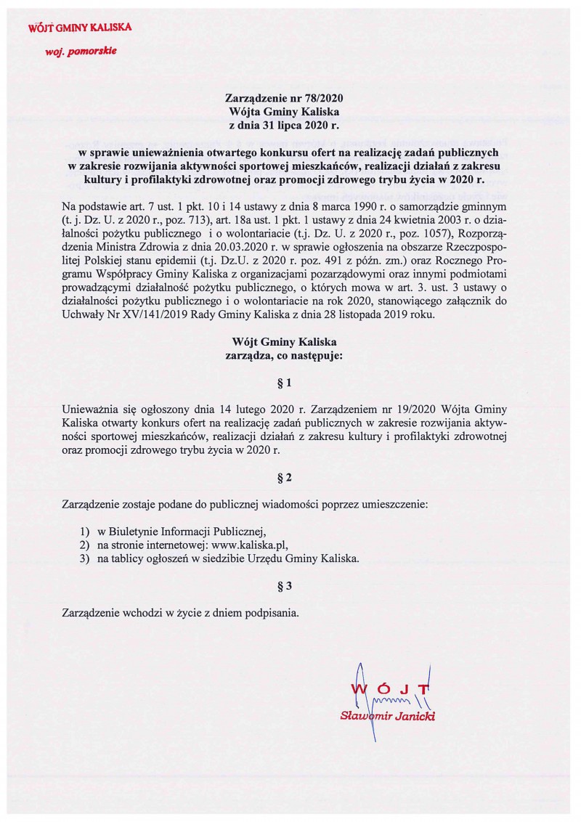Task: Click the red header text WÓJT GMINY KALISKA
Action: point(79,28)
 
